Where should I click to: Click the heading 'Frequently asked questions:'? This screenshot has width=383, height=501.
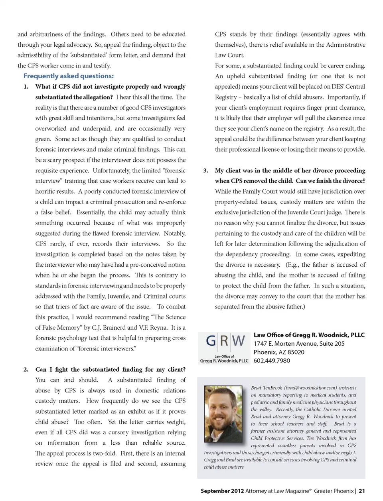(x=68, y=76)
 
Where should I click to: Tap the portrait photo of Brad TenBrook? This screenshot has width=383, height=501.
(x=223, y=414)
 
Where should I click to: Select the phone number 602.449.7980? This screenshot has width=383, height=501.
(x=272, y=360)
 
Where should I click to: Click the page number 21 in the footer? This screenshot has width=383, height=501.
(x=361, y=491)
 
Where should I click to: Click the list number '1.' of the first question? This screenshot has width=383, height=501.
(x=26, y=87)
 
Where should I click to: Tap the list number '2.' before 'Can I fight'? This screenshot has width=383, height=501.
(x=26, y=370)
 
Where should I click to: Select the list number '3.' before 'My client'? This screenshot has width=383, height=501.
(x=205, y=170)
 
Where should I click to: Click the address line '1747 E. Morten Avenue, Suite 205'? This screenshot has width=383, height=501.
(x=299, y=343)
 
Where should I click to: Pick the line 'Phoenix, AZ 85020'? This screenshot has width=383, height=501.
(x=279, y=352)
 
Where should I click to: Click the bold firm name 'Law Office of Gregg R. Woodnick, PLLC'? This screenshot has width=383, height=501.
(x=309, y=335)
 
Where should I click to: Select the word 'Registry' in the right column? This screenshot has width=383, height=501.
(x=226, y=97)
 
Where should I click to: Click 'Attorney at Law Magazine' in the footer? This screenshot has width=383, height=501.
(x=277, y=491)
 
